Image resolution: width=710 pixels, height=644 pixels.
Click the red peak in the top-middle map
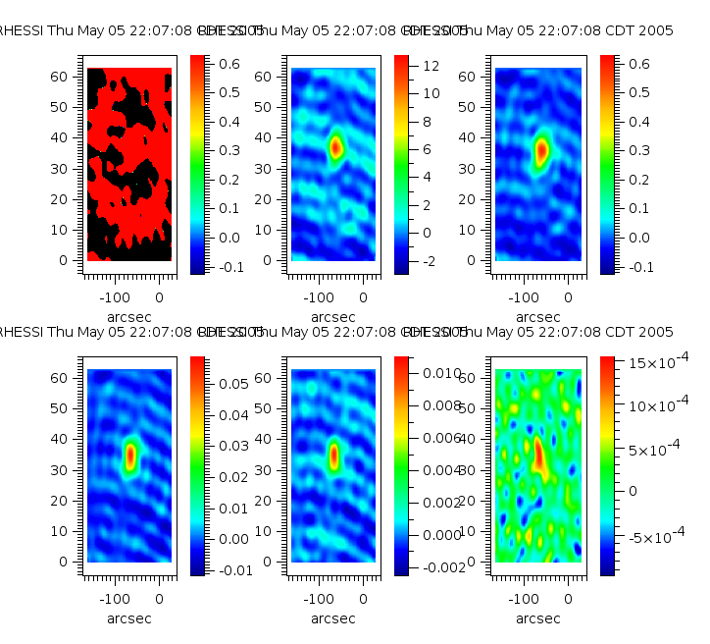(x=336, y=147)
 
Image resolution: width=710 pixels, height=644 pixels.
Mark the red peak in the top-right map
(x=541, y=150)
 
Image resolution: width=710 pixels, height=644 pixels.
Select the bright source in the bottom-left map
(x=131, y=456)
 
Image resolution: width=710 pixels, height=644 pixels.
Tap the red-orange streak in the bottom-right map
(x=539, y=456)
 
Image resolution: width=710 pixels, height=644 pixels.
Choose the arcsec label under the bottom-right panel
(x=537, y=618)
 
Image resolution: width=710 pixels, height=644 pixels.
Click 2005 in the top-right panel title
(x=657, y=31)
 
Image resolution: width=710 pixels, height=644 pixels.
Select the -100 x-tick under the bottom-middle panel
(x=319, y=598)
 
